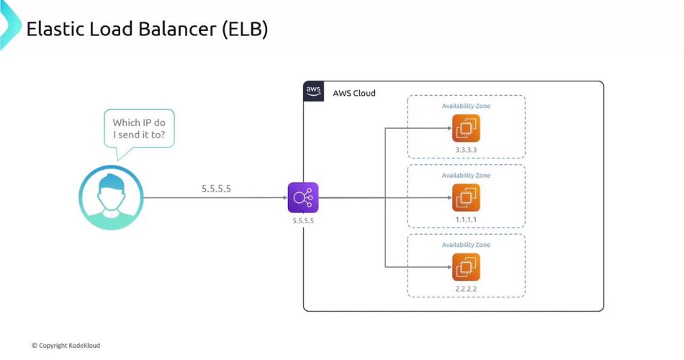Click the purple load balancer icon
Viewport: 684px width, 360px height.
pyautogui.click(x=302, y=197)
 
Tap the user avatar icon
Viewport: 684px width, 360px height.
pyautogui.click(x=111, y=197)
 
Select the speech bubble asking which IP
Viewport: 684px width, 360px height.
pyautogui.click(x=139, y=129)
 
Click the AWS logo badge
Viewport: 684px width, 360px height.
pyautogui.click(x=313, y=91)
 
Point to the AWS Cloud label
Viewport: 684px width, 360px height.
pyautogui.click(x=354, y=94)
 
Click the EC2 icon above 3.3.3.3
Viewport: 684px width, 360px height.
pyautogui.click(x=466, y=128)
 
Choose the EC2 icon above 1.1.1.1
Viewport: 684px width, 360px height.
pyautogui.click(x=466, y=197)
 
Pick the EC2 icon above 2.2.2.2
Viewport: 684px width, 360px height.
pyautogui.click(x=466, y=267)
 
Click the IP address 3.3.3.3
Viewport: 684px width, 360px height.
pyautogui.click(x=466, y=150)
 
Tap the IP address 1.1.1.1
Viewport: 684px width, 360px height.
pyautogui.click(x=466, y=219)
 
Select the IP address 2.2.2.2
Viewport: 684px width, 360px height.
pyautogui.click(x=466, y=288)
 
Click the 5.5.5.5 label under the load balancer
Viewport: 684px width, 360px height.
pyautogui.click(x=302, y=221)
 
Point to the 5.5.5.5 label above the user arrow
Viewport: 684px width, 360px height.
pyautogui.click(x=216, y=189)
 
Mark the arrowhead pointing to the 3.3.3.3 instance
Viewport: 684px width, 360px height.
pyautogui.click(x=446, y=128)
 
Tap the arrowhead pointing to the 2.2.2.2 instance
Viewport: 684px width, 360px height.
pyautogui.click(x=446, y=267)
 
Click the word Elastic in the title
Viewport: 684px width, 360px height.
pyautogui.click(x=53, y=30)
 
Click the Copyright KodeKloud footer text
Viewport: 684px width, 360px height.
pyautogui.click(x=66, y=346)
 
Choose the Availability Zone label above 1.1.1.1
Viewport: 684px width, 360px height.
pyautogui.click(x=466, y=176)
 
